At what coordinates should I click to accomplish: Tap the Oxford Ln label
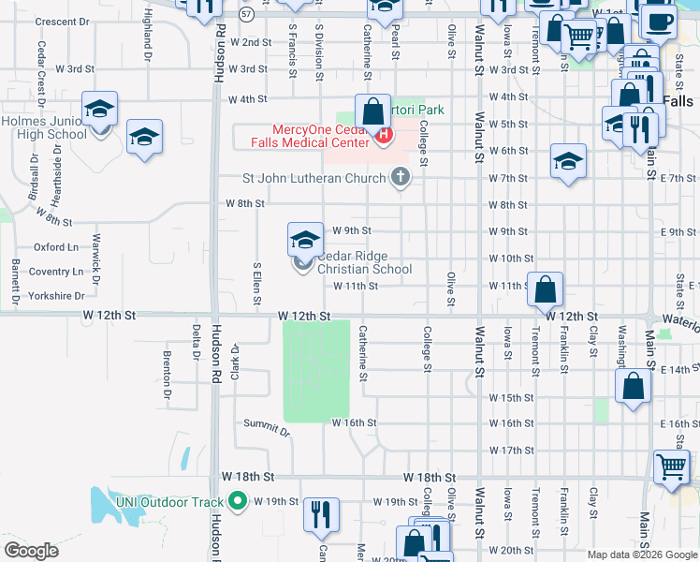(x=56, y=247)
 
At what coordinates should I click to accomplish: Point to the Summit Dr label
(x=267, y=428)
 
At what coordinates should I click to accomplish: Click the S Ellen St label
(x=255, y=284)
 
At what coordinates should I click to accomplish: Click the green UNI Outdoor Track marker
(x=238, y=501)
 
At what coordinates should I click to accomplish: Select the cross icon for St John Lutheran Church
(x=400, y=177)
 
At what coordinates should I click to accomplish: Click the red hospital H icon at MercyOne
(x=382, y=135)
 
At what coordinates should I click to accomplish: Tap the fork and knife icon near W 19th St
(x=321, y=512)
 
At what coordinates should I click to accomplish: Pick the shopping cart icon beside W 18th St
(x=670, y=466)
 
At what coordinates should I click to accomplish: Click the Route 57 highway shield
(x=246, y=14)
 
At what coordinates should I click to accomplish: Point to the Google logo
(x=32, y=551)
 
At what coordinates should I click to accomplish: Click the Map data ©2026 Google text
(x=641, y=555)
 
